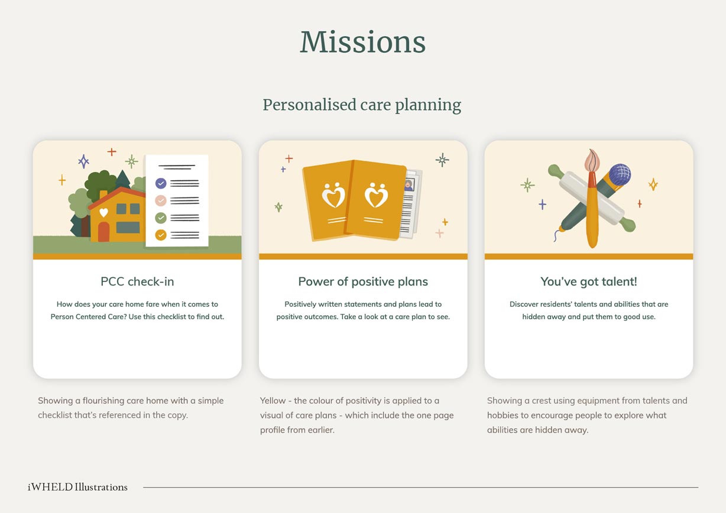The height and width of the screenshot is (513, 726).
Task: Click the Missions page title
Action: pyautogui.click(x=362, y=42)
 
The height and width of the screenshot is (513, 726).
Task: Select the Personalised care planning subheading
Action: pyautogui.click(x=362, y=105)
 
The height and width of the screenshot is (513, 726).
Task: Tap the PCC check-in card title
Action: pyautogui.click(x=137, y=281)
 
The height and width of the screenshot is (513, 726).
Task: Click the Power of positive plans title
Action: pyautogui.click(x=363, y=281)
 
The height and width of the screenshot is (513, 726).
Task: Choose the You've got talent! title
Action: pyautogui.click(x=589, y=281)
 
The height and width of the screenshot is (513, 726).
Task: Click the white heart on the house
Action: pyautogui.click(x=103, y=213)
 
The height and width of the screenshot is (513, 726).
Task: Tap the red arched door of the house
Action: pyautogui.click(x=103, y=232)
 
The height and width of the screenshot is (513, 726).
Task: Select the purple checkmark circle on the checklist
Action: pyautogui.click(x=161, y=183)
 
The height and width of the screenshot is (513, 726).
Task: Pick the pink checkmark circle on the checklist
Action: pyautogui.click(x=161, y=200)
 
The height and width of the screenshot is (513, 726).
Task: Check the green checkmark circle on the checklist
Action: pyautogui.click(x=161, y=217)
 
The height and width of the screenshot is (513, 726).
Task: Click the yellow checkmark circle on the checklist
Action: pyautogui.click(x=161, y=235)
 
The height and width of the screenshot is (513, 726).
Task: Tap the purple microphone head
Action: pyautogui.click(x=620, y=174)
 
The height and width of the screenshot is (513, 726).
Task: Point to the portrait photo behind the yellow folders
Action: pyautogui.click(x=409, y=185)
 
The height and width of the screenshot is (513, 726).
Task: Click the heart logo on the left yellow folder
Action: pyautogui.click(x=333, y=195)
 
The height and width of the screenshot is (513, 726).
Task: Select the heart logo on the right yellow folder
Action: pyautogui.click(x=376, y=195)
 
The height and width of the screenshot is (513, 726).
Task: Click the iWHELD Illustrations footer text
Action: pyautogui.click(x=77, y=487)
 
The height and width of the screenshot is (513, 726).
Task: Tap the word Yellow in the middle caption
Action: pyautogui.click(x=273, y=401)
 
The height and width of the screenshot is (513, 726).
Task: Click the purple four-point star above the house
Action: pyautogui.click(x=83, y=161)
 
